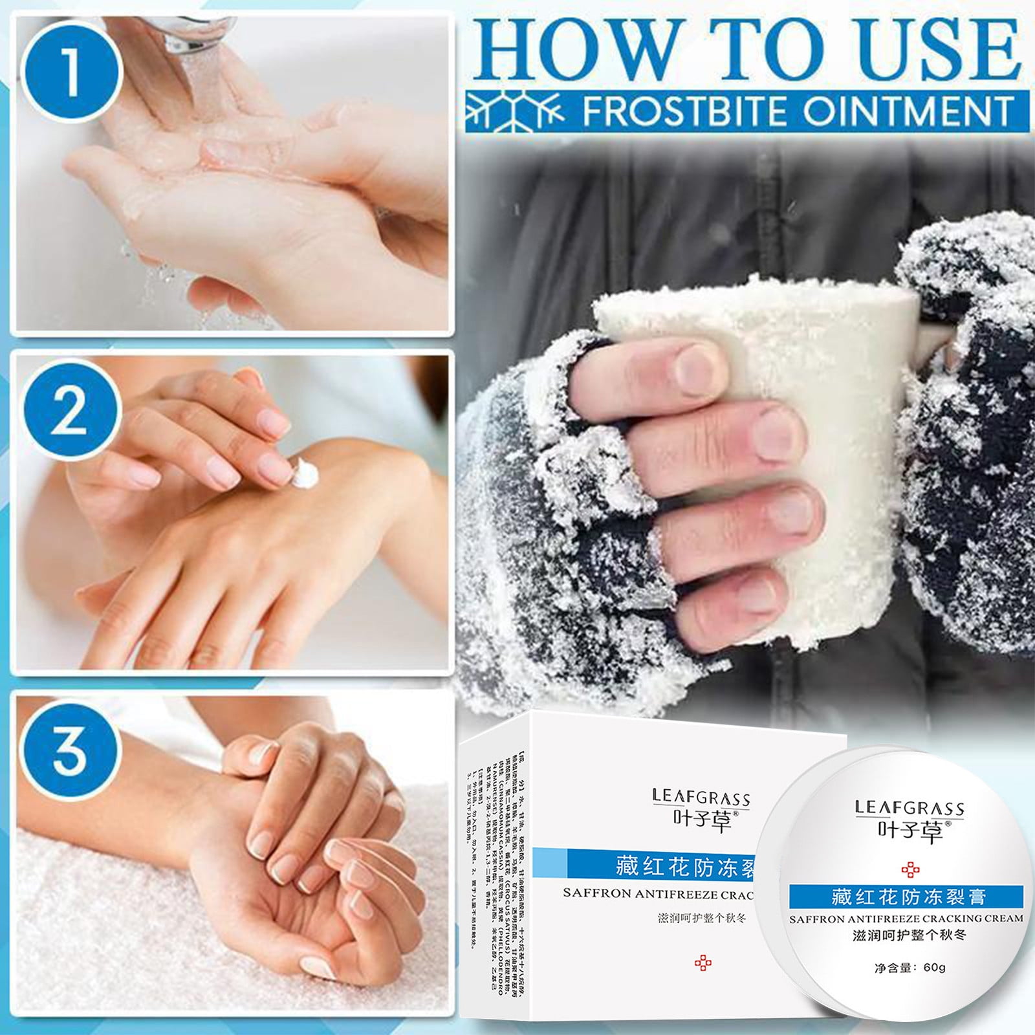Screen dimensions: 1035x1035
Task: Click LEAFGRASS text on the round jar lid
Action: click(909, 808)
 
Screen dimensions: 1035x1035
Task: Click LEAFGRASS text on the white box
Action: click(701, 797)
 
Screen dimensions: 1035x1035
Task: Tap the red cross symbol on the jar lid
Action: click(910, 869)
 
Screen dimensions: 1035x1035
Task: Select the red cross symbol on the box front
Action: click(703, 963)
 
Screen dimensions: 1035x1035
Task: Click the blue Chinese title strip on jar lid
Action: click(906, 897)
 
